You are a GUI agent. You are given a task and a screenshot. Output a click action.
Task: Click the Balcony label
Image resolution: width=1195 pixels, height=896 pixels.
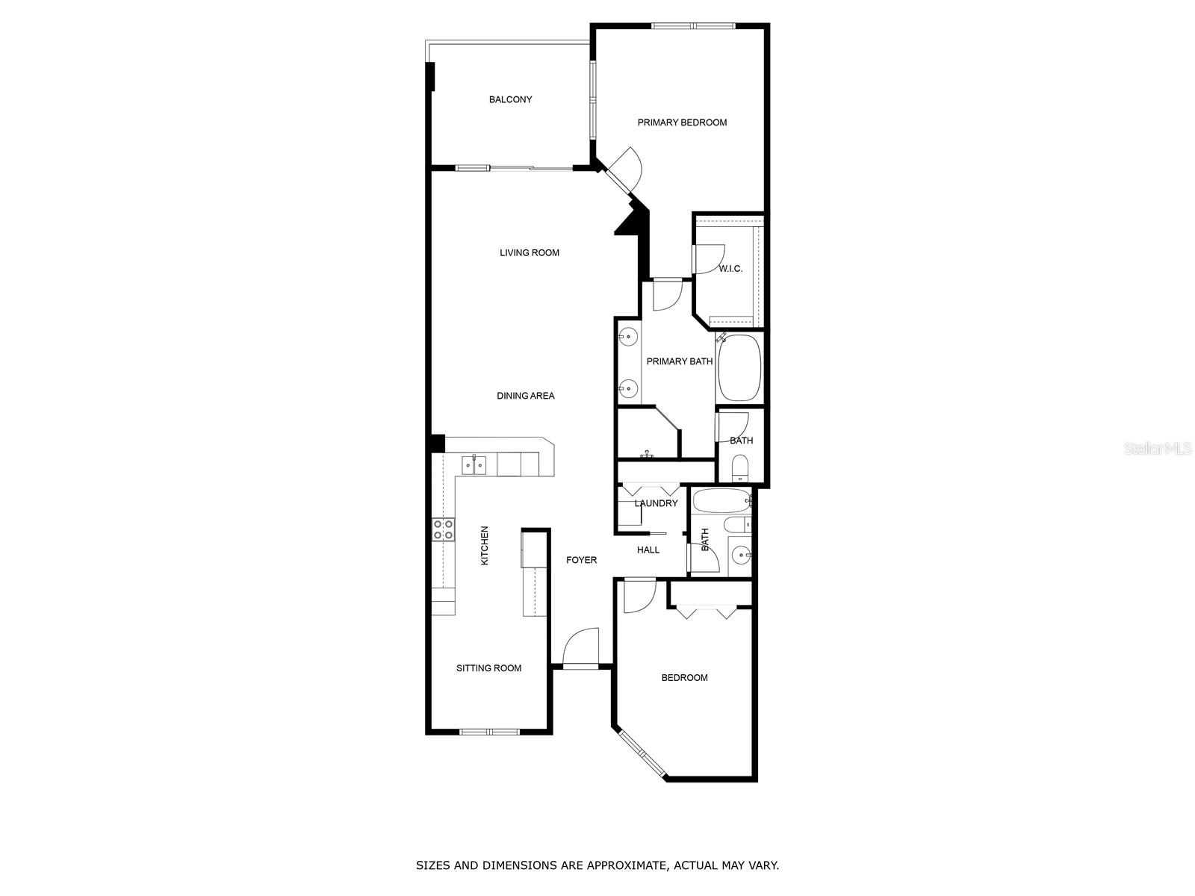click(510, 99)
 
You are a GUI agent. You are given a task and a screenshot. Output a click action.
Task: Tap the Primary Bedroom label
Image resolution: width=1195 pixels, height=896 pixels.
click(682, 122)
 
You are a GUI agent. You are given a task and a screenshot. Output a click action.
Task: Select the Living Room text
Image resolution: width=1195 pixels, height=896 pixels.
click(530, 252)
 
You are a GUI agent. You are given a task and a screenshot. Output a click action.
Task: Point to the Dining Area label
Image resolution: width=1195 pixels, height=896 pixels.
click(526, 396)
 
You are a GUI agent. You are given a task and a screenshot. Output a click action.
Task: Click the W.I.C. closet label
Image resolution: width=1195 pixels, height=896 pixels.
click(730, 269)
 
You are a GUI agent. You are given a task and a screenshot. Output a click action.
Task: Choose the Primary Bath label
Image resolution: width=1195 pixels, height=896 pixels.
click(680, 361)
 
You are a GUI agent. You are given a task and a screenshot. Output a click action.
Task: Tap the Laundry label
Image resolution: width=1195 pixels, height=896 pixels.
click(656, 503)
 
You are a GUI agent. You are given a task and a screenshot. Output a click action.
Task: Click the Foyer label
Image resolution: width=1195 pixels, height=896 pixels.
click(581, 560)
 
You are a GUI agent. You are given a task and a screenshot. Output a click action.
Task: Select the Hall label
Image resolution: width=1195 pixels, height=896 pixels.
click(648, 550)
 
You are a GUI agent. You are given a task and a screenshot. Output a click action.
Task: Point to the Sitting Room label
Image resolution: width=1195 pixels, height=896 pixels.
click(489, 668)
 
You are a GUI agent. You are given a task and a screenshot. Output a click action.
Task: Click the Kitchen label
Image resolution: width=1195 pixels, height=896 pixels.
click(485, 545)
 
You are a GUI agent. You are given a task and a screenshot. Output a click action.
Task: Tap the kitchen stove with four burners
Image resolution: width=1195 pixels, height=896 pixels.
click(444, 529)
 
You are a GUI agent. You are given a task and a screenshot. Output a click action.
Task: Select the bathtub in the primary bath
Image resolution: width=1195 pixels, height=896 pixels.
click(739, 368)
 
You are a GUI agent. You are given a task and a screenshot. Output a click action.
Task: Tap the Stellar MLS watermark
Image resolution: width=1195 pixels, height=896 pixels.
click(1160, 448)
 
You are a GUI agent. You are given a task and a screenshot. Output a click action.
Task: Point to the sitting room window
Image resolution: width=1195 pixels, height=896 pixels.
click(489, 731)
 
